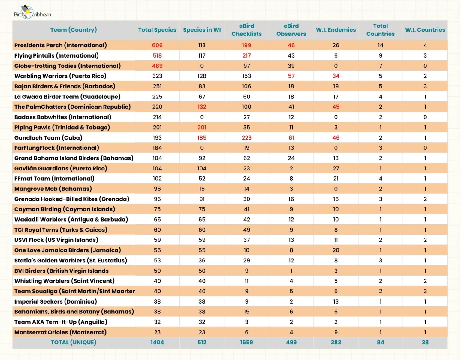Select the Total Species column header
tap(157, 30)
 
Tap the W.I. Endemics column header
tap(336, 30)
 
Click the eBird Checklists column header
tap(246, 30)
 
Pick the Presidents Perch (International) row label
tap(60, 45)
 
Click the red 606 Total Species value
tap(157, 45)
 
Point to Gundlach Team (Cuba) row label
tap(48, 138)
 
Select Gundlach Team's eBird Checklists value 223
tap(246, 138)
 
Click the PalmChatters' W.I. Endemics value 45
tap(336, 107)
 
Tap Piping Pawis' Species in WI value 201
tap(202, 127)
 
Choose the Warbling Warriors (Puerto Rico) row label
tap(60, 76)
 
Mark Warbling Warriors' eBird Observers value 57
tap(291, 76)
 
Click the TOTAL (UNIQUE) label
tap(74, 342)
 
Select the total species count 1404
tap(157, 342)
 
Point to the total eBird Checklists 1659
tap(246, 342)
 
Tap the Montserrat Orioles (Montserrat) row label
tap(60, 332)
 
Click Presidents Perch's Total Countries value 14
tap(380, 45)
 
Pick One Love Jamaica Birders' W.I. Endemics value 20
tap(336, 250)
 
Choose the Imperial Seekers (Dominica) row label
tap(56, 301)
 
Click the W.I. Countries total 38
tap(425, 342)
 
